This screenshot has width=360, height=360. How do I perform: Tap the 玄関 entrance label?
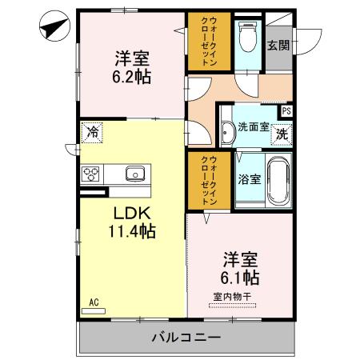pos(278,45)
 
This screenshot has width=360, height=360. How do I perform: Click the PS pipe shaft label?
pos(286,111)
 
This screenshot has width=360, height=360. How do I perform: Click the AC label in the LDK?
pos(94,302)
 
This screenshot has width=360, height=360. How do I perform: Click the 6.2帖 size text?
pos(132,77)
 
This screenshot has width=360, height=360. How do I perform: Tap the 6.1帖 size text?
pos(239,278)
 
